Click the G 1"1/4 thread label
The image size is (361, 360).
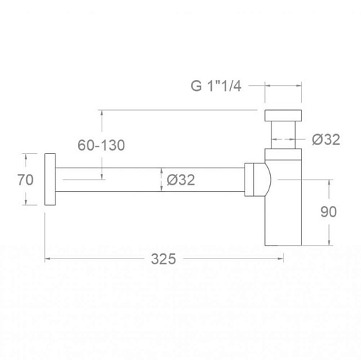216,86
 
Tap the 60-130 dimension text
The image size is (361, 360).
101,145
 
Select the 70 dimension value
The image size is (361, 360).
26,180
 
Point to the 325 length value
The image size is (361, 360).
163,259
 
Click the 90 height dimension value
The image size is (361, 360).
328,212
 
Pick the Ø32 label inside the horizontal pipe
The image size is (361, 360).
180,180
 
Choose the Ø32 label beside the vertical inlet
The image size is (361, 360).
326,139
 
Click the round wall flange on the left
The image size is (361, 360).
50,180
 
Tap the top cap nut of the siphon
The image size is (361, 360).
283,115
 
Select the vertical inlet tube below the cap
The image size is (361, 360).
283,135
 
